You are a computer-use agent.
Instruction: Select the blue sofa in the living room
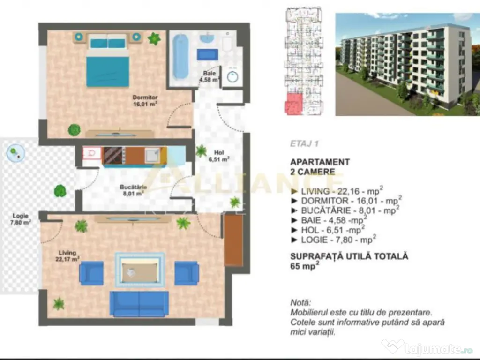[x=139, y=303]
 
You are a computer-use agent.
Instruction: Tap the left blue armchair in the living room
[x=91, y=273]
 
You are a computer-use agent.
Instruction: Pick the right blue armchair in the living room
[x=187, y=273]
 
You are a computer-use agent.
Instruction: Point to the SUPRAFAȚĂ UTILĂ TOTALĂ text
[x=349, y=256]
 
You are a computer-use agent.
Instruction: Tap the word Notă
[x=300, y=303]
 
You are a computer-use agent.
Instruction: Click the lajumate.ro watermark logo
[x=427, y=348]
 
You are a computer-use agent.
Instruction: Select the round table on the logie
[x=15, y=153]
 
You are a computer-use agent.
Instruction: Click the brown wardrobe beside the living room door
[x=233, y=240]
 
